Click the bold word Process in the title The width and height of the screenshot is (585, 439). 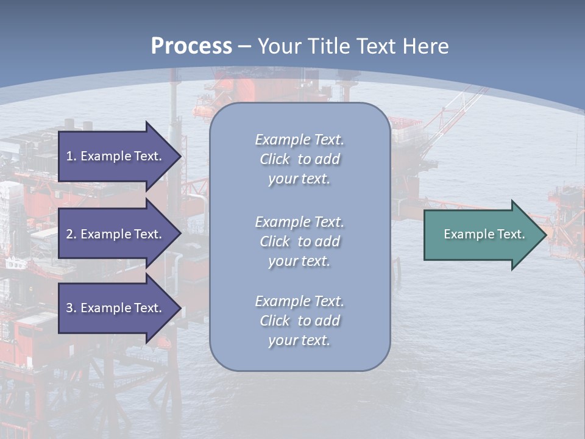(191, 46)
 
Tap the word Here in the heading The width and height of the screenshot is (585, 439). (424, 46)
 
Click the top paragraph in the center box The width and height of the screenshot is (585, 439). (299, 159)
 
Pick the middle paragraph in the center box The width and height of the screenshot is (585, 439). (299, 241)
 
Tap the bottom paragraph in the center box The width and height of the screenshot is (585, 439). (299, 321)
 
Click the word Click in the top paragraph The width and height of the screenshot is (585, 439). (275, 159)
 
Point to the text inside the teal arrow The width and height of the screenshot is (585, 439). (484, 234)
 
